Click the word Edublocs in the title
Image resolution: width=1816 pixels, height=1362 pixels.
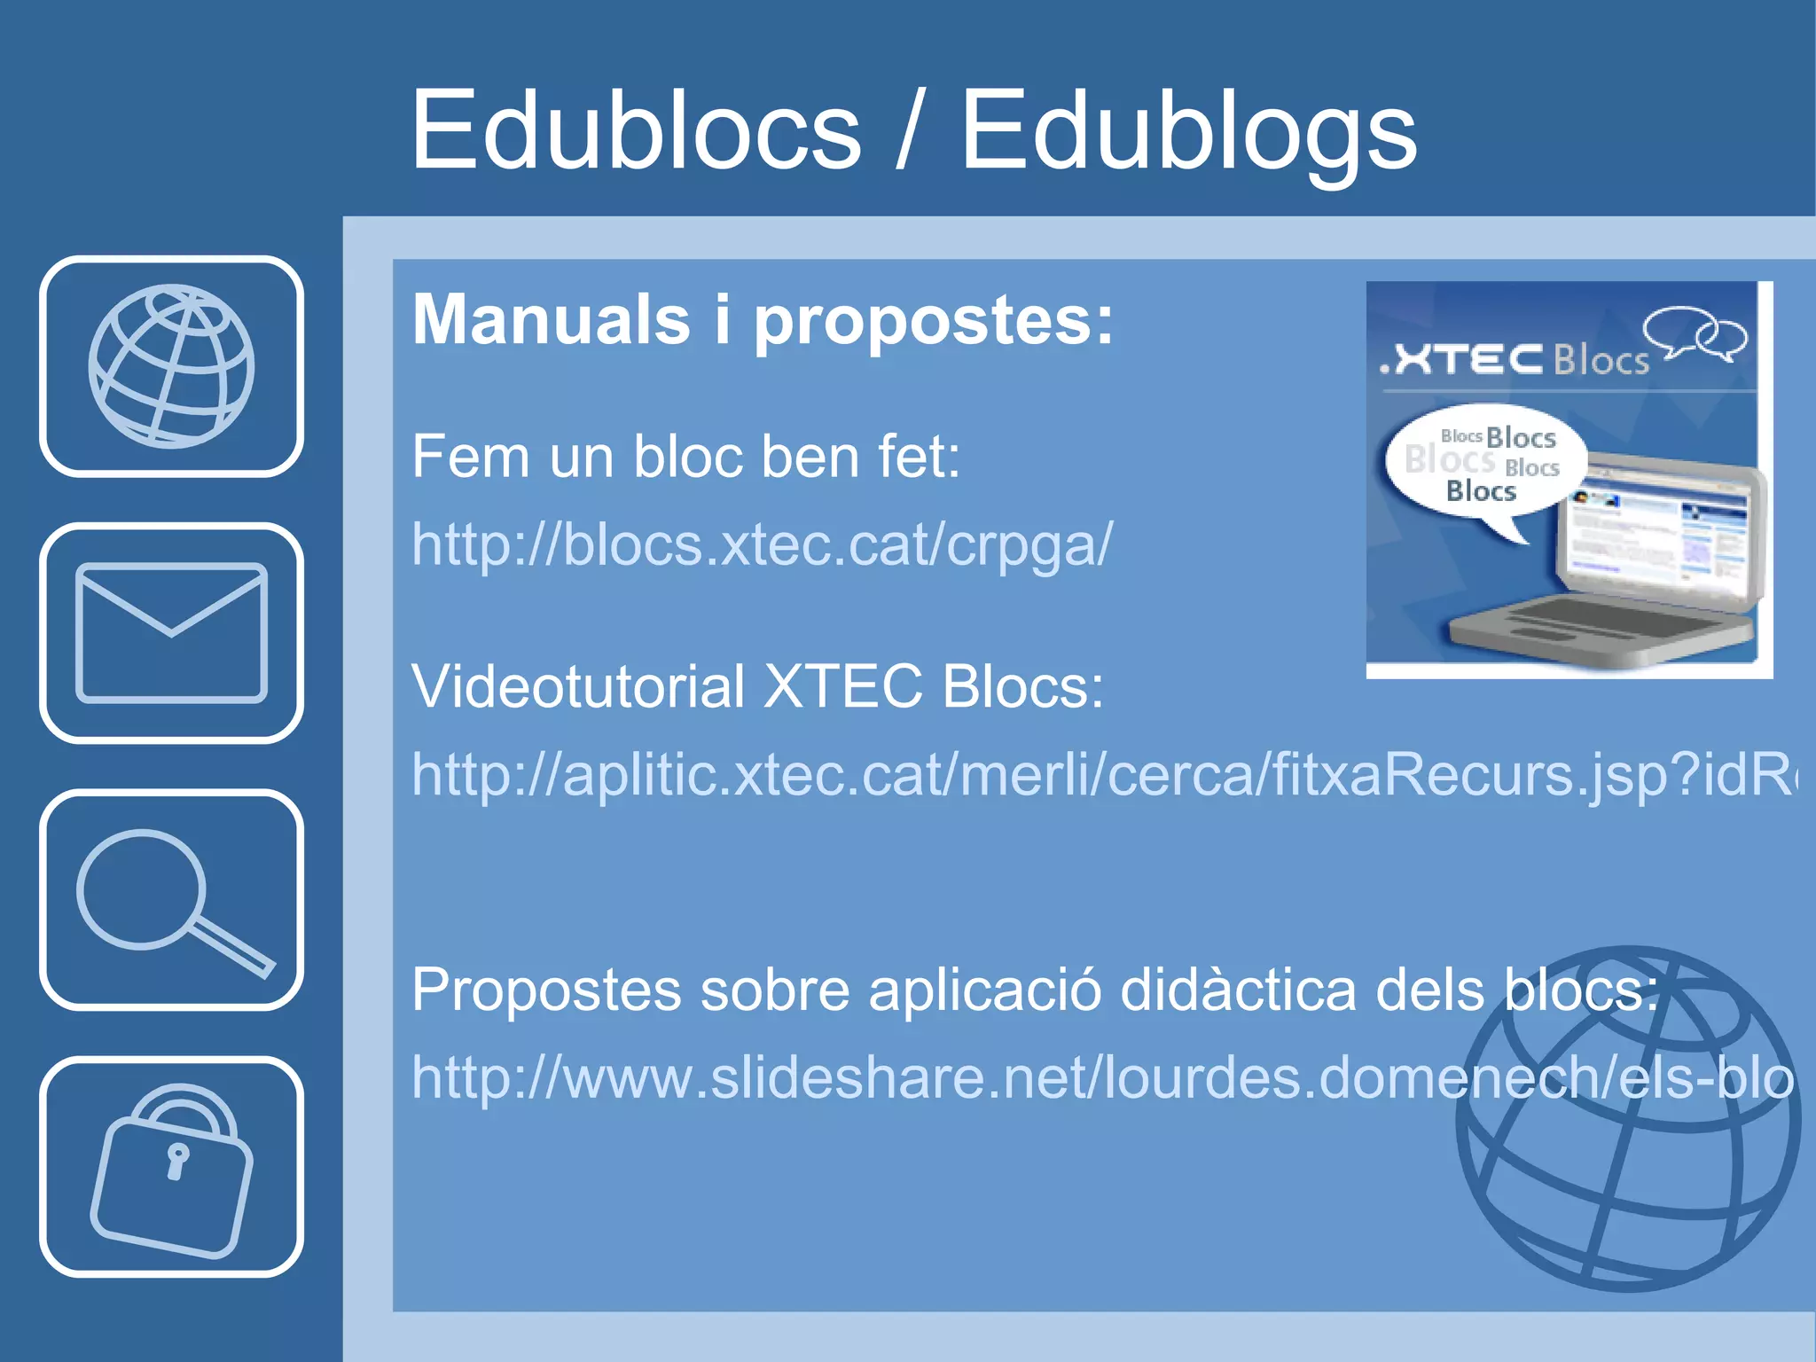(x=635, y=131)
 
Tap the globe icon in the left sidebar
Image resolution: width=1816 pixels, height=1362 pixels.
(x=171, y=366)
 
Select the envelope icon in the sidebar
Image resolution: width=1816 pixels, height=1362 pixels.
(x=171, y=632)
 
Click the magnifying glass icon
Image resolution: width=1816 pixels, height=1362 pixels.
(x=171, y=900)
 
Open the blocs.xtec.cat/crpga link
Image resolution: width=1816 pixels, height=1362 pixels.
(x=761, y=544)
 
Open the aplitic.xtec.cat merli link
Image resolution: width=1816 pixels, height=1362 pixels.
(x=1100, y=774)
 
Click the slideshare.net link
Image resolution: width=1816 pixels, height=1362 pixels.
(x=1100, y=1077)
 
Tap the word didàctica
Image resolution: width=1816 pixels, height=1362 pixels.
(x=1238, y=990)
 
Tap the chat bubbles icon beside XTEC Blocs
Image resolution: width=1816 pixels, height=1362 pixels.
(x=1694, y=333)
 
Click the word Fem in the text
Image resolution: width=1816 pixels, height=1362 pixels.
(x=466, y=458)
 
